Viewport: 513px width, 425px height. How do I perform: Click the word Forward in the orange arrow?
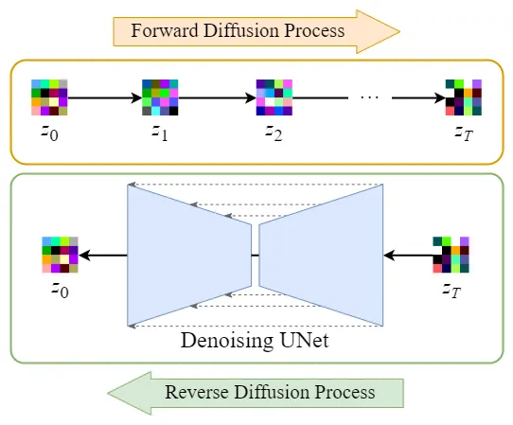tap(165, 30)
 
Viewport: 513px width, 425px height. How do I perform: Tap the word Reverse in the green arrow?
tap(197, 392)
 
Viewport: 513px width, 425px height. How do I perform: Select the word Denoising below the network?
tap(227, 342)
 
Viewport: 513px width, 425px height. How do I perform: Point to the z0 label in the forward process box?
tap(50, 133)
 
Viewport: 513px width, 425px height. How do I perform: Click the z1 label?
tap(160, 133)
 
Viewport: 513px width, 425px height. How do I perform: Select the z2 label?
tap(274, 133)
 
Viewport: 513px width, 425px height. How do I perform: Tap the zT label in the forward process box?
tap(464, 133)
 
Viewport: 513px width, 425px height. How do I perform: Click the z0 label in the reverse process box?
tap(61, 290)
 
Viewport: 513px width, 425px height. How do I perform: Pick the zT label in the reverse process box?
tap(451, 290)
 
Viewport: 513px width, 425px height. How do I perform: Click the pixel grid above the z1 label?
tap(160, 97)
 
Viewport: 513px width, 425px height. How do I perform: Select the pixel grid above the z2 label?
tap(274, 97)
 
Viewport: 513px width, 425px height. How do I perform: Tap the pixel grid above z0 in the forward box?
tap(49, 97)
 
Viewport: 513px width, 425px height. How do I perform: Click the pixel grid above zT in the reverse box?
tap(451, 255)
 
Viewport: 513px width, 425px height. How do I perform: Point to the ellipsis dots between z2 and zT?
tap(369, 97)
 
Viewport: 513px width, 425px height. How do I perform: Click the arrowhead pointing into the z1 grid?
tap(136, 97)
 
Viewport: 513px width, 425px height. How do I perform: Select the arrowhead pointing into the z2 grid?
tap(251, 97)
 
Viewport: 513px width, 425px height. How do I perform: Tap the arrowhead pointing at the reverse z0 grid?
tap(85, 256)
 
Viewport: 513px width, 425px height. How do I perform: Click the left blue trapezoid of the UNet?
tap(189, 256)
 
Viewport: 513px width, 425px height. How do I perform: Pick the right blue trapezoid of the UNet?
tap(321, 256)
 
